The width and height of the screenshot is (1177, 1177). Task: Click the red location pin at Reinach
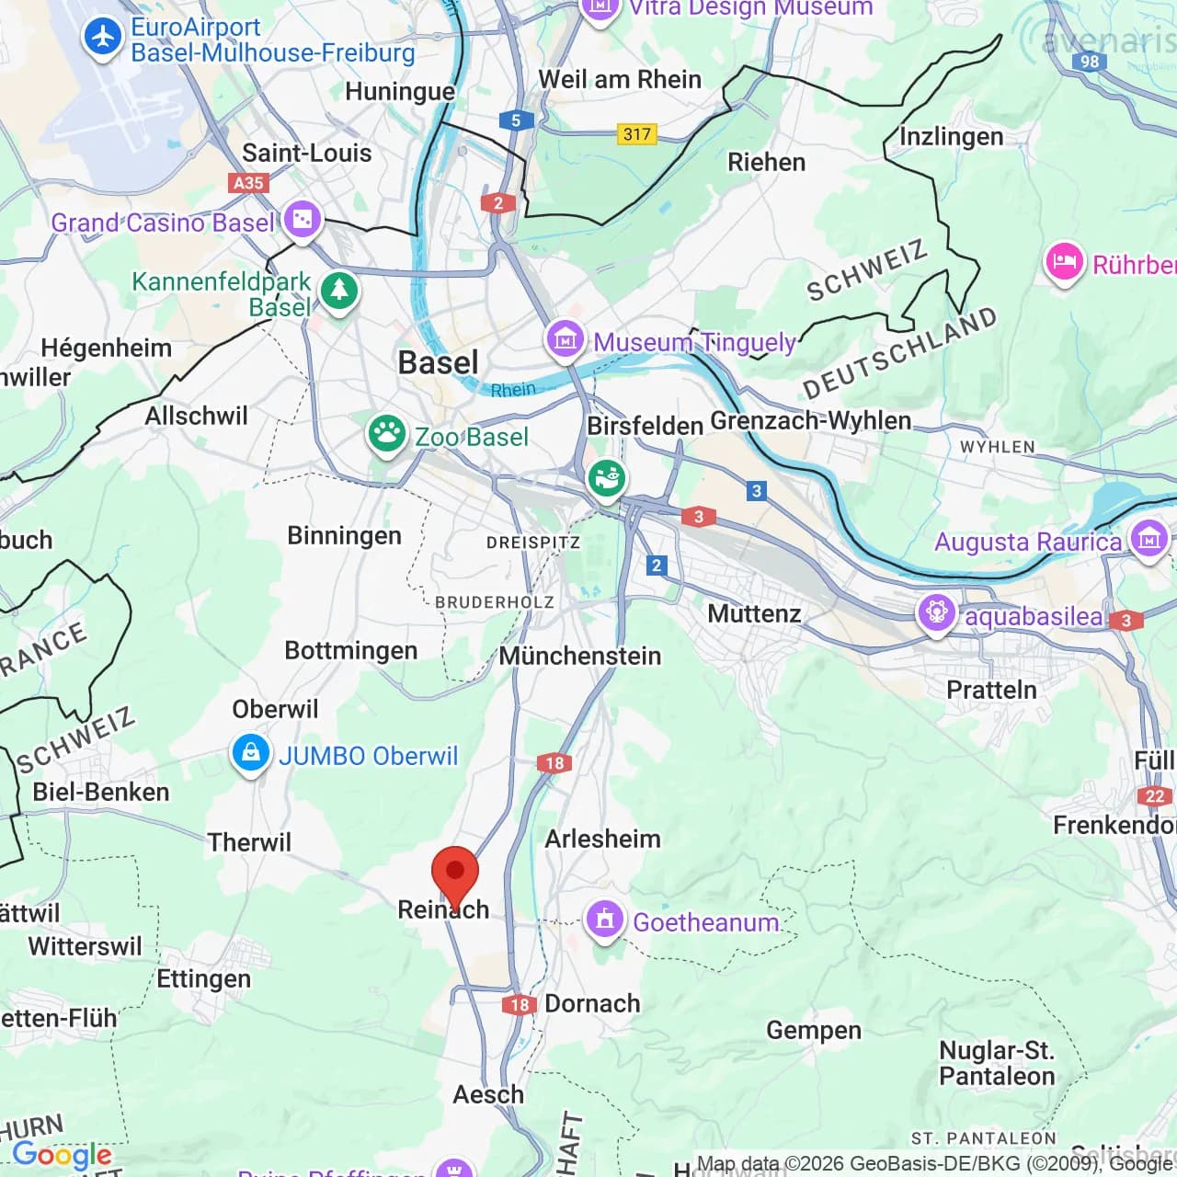coord(455,872)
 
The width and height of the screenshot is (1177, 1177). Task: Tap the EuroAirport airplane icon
coord(102,38)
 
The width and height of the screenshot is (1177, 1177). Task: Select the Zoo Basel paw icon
coord(386,433)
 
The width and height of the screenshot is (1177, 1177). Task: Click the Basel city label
coord(438,362)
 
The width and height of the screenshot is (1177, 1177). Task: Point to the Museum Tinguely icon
coord(565,339)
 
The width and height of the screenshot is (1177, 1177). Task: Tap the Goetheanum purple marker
coord(604,919)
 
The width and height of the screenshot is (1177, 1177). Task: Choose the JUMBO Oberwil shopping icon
coord(249,753)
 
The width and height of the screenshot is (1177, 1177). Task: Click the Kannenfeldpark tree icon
coord(338,290)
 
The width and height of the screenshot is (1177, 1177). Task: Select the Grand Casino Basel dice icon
coord(302,220)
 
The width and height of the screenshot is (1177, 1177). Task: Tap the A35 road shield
coord(248,182)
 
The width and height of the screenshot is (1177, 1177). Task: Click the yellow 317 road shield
coord(636,134)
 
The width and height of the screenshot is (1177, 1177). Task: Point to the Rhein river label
coord(512,390)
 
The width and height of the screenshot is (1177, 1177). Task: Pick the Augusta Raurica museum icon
coord(1149,538)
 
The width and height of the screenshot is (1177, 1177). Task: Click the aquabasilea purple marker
coord(936,612)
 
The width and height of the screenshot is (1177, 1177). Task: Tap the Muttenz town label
coord(754,613)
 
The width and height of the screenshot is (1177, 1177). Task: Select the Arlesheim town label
coord(602,839)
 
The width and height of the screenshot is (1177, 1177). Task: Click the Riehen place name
coord(766,162)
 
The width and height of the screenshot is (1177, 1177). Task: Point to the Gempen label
coord(814,1031)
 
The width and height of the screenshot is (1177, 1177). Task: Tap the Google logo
coord(62,1155)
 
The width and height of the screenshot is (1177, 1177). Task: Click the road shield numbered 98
coord(1089,62)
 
